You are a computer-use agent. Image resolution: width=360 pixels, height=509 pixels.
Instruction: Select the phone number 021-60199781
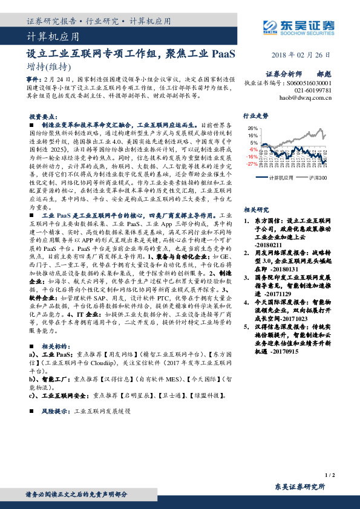click(x=313, y=89)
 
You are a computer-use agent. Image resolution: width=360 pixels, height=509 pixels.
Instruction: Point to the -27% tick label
click(x=252, y=164)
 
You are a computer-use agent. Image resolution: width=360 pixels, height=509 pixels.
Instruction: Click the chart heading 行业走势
click(x=255, y=114)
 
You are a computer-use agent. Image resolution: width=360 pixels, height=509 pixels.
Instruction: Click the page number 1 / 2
click(x=330, y=476)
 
